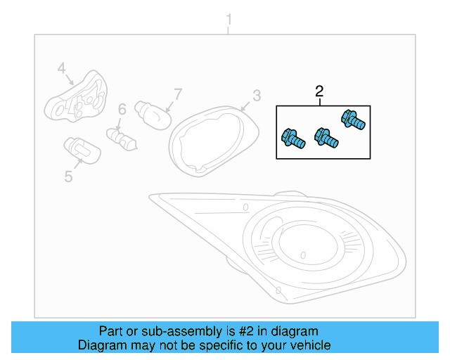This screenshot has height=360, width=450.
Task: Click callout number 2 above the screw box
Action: tap(319, 91)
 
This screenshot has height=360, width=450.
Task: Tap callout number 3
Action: tap(257, 96)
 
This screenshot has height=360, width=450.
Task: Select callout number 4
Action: tap(62, 68)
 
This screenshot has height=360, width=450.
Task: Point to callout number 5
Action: tap(68, 176)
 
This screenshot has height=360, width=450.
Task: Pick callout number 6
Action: tap(122, 109)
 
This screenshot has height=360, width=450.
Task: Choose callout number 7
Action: tap(178, 94)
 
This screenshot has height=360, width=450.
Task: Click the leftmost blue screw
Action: tap(292, 139)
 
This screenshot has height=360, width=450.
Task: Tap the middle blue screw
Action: tap(326, 138)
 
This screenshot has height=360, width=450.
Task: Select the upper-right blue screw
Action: tap(353, 121)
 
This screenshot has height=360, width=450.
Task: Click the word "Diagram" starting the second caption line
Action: tap(99, 345)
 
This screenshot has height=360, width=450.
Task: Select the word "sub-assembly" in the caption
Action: tap(171, 331)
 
